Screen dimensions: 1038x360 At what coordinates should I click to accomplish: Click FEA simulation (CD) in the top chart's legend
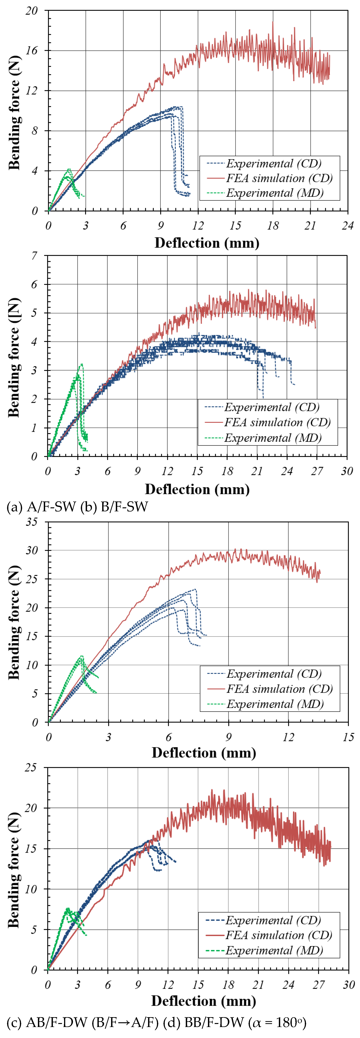(279, 178)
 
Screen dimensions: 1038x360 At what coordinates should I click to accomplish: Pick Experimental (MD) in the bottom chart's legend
(274, 950)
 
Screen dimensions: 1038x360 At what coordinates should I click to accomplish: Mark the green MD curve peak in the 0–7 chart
(82, 364)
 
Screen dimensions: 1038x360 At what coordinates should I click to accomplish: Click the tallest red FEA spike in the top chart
(273, 22)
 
